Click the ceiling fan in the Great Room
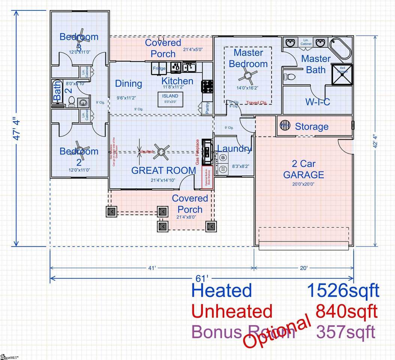162,151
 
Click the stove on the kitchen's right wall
207,86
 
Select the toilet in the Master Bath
289,77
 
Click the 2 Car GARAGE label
303,169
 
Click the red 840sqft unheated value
346,311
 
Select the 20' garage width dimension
304,268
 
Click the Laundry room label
234,149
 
